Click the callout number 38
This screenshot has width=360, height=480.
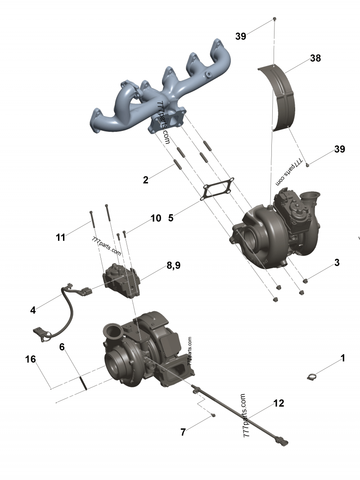coord(315,58)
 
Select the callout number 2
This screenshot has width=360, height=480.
coord(145,180)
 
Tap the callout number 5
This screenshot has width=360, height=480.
coord(171,218)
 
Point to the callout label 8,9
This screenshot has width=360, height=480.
coord(173,265)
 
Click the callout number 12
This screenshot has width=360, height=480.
coord(279,403)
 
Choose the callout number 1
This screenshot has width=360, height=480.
coord(342,358)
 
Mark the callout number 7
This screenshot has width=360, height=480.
coord(183,432)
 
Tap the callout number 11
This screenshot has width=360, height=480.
coord(61,237)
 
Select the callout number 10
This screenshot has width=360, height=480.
coord(156,218)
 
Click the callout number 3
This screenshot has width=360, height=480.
coord(337,263)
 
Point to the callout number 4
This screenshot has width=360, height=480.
coord(33,310)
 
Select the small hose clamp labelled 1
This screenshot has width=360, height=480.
coord(313,377)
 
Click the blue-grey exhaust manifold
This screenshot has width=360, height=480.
coord(162,90)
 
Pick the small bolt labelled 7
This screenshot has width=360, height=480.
coord(213,415)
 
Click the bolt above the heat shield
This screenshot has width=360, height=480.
coord(274,19)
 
